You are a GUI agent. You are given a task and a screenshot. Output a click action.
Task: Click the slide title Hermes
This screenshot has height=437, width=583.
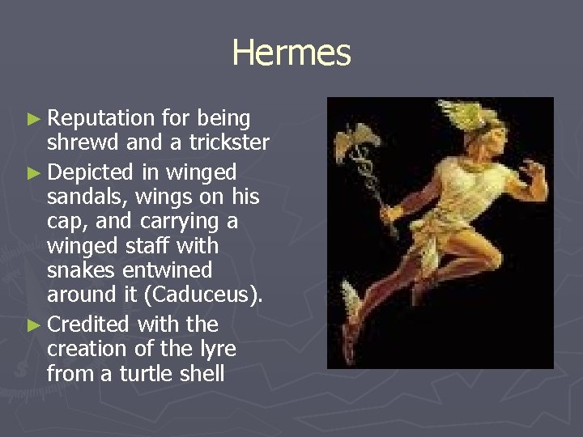(291, 53)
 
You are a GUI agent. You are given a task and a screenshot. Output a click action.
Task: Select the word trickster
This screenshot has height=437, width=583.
(229, 144)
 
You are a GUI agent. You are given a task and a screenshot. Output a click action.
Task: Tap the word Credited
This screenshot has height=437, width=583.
(89, 325)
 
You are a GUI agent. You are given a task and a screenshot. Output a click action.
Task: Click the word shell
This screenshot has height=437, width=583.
(204, 374)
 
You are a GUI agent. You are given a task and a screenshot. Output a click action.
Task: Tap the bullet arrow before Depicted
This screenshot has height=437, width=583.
(32, 172)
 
